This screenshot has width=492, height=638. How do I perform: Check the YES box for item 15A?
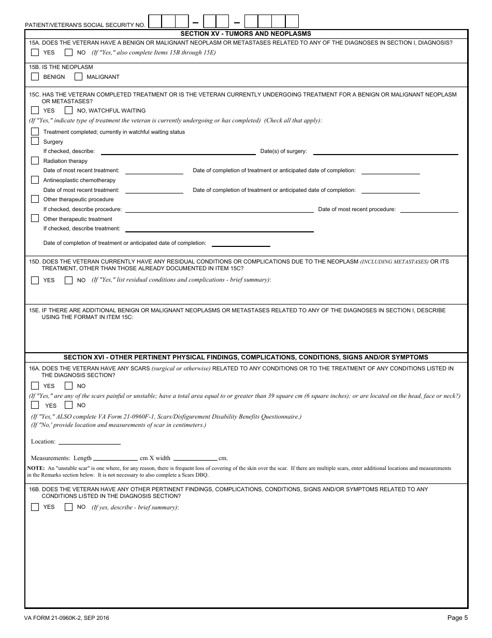(x=35, y=52)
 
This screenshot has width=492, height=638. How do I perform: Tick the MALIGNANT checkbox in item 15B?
(x=78, y=77)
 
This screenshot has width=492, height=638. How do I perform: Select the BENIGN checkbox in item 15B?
(x=35, y=77)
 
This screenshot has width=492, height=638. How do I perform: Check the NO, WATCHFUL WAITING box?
(x=68, y=110)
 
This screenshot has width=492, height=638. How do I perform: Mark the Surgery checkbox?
(x=35, y=141)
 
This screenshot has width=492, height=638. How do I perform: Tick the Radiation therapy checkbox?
(x=35, y=161)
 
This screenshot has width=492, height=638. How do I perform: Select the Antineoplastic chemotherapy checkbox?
(x=35, y=180)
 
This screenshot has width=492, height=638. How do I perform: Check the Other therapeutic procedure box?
(x=35, y=199)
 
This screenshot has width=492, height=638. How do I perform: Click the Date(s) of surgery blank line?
(x=385, y=153)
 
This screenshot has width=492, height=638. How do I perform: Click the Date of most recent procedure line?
(x=429, y=211)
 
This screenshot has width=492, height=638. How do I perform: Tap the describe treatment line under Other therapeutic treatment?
(x=220, y=230)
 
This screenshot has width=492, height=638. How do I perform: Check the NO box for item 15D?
(x=68, y=280)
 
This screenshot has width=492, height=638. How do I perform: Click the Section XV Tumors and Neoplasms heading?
(x=246, y=33)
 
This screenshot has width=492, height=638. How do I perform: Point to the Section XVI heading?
(x=246, y=357)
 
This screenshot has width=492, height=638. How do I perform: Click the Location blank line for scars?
(x=90, y=443)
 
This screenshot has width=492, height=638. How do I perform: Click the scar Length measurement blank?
(x=115, y=459)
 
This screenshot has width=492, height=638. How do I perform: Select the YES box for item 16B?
(x=35, y=507)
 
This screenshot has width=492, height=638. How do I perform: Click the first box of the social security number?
(x=155, y=21)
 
